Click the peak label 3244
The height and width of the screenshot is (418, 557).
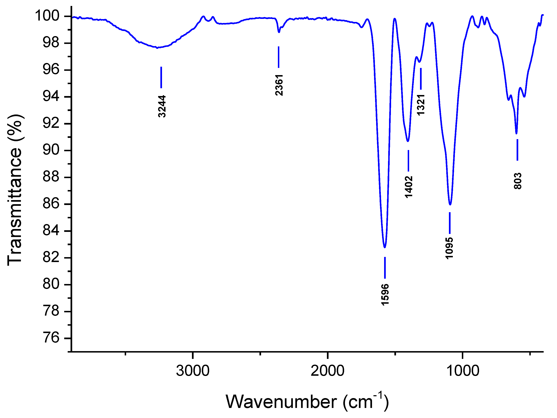(x=162, y=106)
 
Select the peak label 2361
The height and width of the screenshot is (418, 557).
(x=279, y=85)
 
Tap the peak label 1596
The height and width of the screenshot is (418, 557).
(x=385, y=294)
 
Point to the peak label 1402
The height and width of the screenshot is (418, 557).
(x=409, y=187)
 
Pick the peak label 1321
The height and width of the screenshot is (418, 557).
(x=421, y=105)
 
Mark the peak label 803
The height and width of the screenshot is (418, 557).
(x=518, y=181)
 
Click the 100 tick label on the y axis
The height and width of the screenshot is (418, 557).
(x=47, y=16)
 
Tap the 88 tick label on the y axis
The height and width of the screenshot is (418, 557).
(x=51, y=177)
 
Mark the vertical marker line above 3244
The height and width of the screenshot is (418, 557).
(x=161, y=77)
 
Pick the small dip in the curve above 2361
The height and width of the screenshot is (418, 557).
(x=279, y=32)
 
